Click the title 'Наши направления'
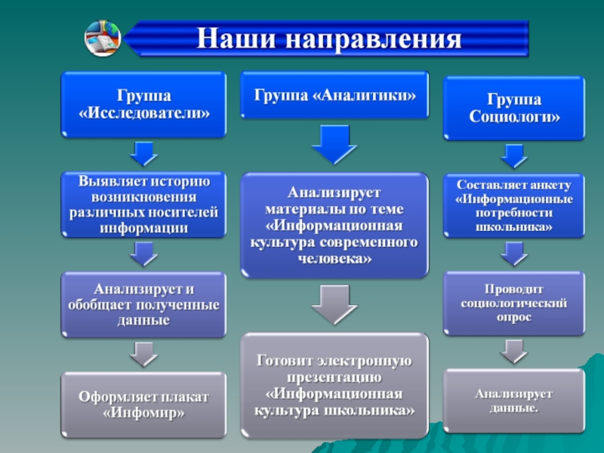click(328, 39)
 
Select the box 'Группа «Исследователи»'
click(143, 105)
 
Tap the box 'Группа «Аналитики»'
click(334, 95)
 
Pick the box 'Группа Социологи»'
click(513, 108)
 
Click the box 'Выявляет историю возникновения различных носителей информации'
click(143, 205)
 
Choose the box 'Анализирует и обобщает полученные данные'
click(143, 304)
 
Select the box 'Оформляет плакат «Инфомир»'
click(143, 405)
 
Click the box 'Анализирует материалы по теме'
click(334, 225)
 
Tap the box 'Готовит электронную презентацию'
click(334, 386)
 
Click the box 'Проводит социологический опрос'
click(513, 303)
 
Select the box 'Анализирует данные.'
click(513, 401)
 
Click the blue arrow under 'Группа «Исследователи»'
click(143, 153)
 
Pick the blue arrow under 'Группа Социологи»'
click(513, 156)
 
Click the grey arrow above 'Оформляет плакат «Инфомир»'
click(143, 353)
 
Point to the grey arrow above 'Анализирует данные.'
click(513, 350)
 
